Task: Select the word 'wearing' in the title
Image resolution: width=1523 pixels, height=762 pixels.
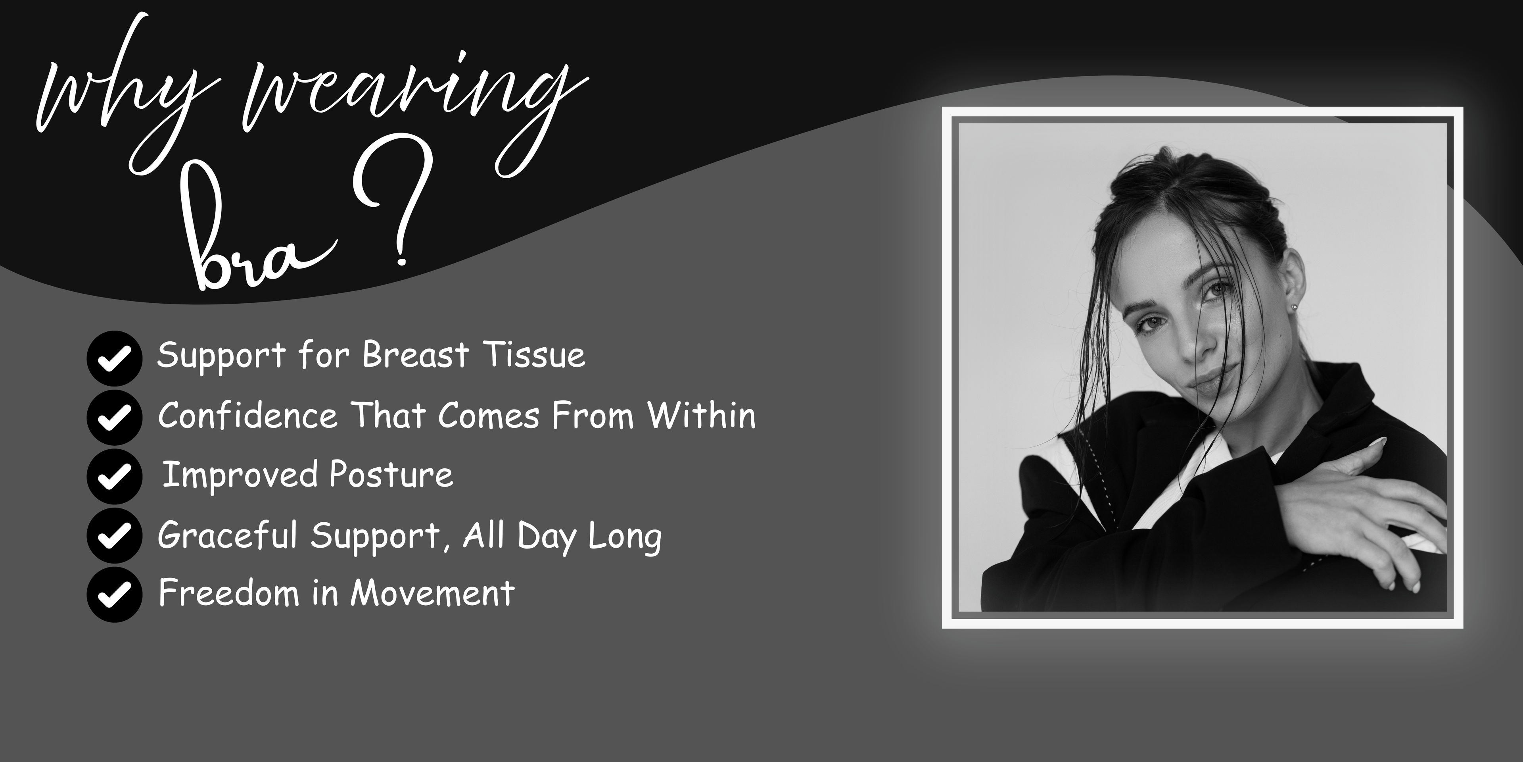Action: (x=414, y=112)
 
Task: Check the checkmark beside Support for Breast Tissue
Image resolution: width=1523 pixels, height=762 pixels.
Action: (x=114, y=358)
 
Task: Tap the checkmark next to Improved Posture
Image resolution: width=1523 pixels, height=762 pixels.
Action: (x=114, y=477)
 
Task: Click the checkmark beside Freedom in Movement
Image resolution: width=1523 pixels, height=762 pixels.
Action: (x=114, y=595)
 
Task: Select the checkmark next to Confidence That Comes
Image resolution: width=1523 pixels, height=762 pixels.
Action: (x=114, y=418)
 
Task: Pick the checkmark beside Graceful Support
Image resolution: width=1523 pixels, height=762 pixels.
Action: (x=114, y=535)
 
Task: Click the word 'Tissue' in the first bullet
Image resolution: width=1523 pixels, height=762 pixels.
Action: (x=534, y=355)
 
